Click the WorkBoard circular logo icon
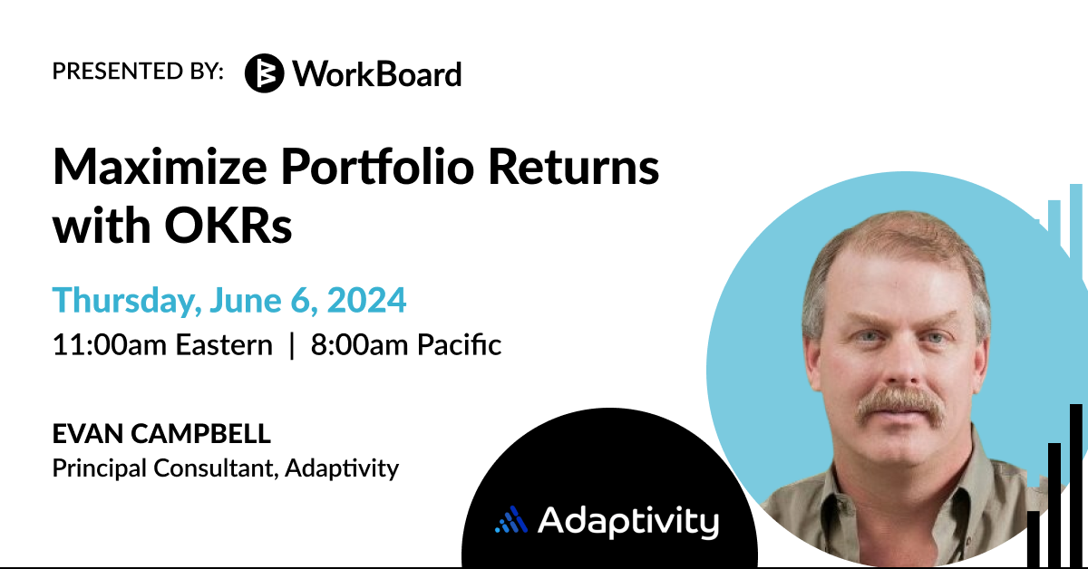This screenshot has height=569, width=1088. pyautogui.click(x=264, y=73)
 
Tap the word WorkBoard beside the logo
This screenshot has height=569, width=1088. pyautogui.click(x=377, y=74)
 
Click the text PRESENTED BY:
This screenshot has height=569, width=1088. pyautogui.click(x=138, y=71)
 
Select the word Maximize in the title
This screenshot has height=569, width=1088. pyautogui.click(x=160, y=168)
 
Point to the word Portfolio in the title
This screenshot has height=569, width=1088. pyautogui.click(x=377, y=167)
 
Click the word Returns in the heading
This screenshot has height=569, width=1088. pyautogui.click(x=574, y=168)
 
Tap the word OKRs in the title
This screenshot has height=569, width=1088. pyautogui.click(x=228, y=226)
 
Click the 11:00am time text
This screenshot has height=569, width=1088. pyautogui.click(x=110, y=345)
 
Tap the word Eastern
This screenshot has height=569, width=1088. pyautogui.click(x=224, y=345)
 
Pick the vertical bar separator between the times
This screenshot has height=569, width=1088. pyautogui.click(x=292, y=345)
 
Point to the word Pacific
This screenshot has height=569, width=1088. pyautogui.click(x=459, y=345)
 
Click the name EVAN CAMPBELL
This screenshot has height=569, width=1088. pyautogui.click(x=161, y=434)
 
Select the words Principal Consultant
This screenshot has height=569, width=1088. pyautogui.click(x=166, y=468)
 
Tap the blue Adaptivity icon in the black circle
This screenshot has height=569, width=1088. pyautogui.click(x=511, y=520)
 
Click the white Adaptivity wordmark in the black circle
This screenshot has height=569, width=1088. pyautogui.click(x=628, y=522)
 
